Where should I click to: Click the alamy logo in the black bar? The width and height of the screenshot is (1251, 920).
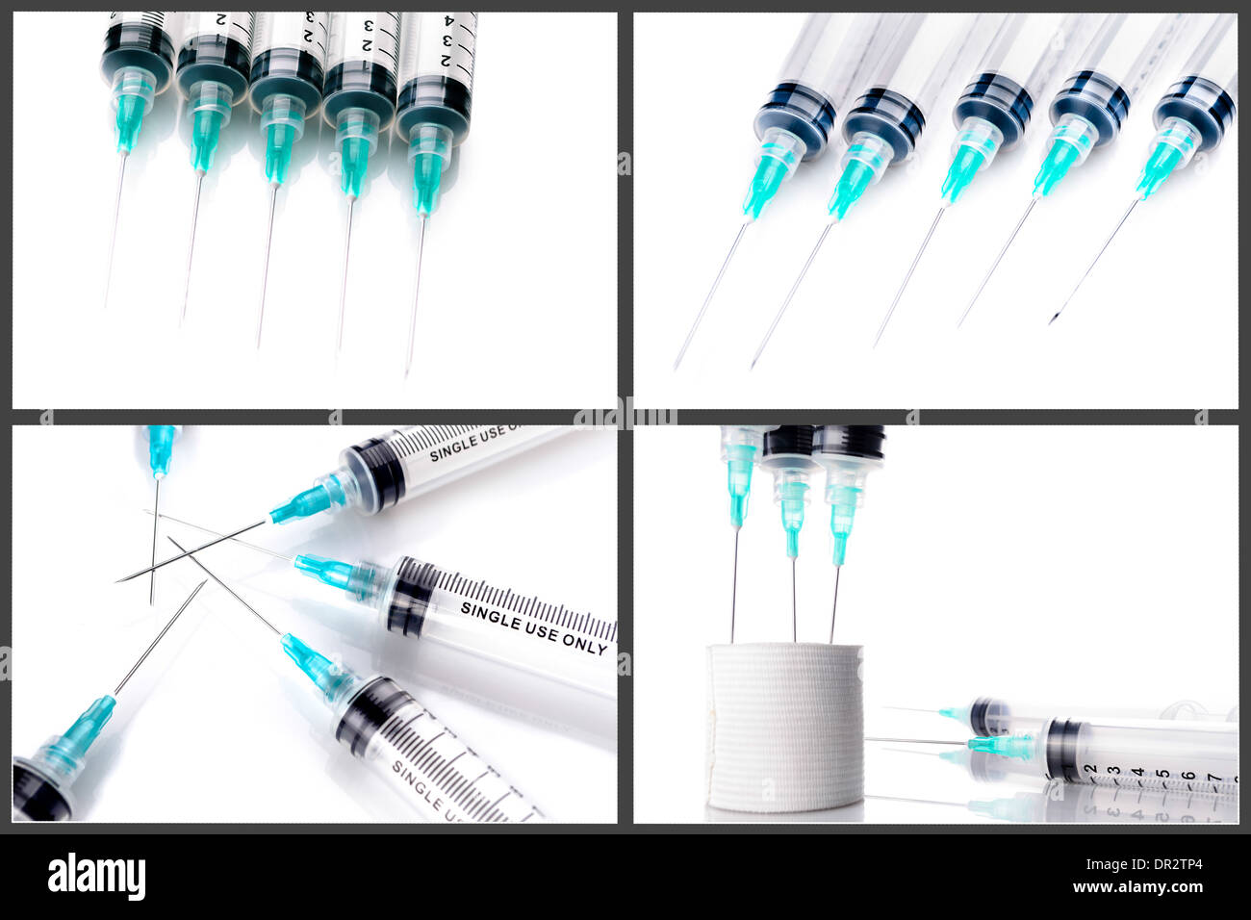tap(96, 877)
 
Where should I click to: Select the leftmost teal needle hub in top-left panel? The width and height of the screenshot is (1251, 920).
tap(129, 114)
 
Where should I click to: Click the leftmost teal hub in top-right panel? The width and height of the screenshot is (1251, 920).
tap(767, 179)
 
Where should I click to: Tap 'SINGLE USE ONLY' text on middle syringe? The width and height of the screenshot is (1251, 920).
tap(533, 628)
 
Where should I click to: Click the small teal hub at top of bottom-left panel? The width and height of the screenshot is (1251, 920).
tap(161, 447)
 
